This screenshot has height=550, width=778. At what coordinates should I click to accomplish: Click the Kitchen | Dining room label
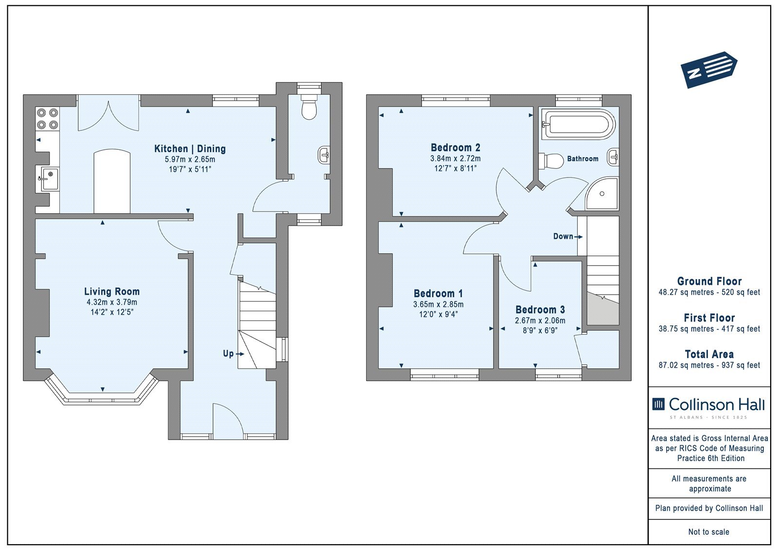tap(190, 149)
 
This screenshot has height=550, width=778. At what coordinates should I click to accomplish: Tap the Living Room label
tap(112, 291)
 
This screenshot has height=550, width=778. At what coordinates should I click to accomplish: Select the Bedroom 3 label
tap(540, 310)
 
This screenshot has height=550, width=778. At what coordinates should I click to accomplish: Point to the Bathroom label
tap(583, 159)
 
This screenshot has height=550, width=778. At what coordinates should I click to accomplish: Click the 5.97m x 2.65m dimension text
tap(190, 160)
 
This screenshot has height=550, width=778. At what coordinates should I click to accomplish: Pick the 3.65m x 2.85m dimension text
tap(438, 304)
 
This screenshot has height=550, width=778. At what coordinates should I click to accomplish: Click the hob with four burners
tap(48, 119)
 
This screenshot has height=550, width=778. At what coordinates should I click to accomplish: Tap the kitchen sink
tap(49, 178)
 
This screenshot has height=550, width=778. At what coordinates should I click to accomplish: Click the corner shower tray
tap(602, 194)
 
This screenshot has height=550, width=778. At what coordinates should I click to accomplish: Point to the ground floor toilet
tap(309, 106)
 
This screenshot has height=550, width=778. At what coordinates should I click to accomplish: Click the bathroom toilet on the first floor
tap(551, 161)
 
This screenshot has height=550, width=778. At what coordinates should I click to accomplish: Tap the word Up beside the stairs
tap(228, 354)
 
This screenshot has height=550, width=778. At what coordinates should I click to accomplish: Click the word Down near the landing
tap(563, 236)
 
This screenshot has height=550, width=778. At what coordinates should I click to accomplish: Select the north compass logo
tap(709, 70)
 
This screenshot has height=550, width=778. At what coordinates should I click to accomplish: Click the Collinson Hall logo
tap(709, 408)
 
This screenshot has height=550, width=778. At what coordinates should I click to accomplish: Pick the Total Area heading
tap(709, 354)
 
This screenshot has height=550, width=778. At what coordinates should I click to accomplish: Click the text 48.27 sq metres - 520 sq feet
tap(709, 292)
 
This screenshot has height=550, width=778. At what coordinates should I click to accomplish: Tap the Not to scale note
tap(708, 532)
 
